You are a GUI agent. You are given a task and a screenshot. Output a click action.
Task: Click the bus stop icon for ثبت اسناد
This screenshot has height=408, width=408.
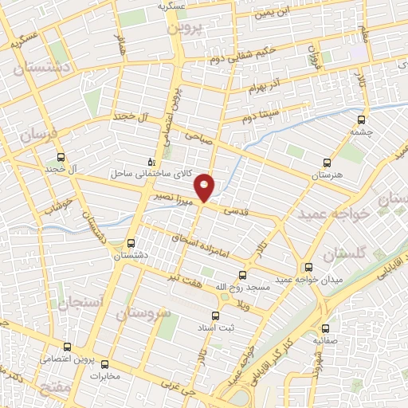tap(213, 315)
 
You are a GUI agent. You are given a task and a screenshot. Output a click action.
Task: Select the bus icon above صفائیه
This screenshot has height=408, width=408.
tap(325, 328)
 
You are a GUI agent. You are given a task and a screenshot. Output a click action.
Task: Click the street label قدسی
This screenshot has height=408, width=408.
tap(240, 212)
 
